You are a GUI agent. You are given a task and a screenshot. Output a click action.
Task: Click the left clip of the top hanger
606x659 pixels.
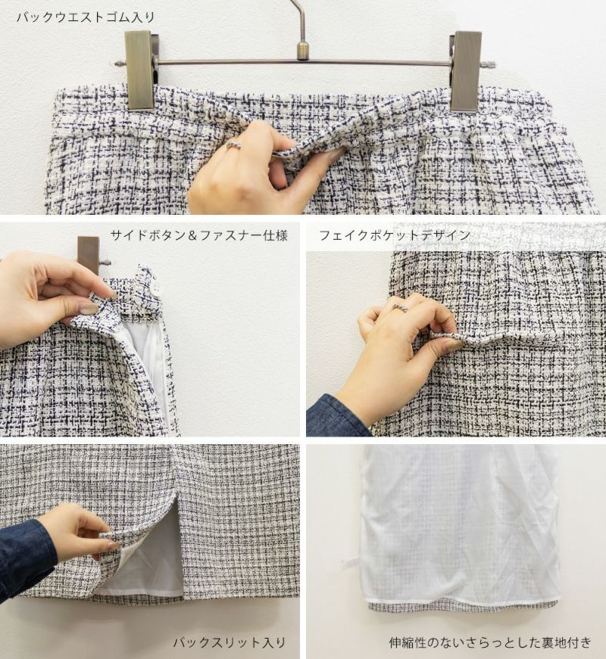pos(139,70)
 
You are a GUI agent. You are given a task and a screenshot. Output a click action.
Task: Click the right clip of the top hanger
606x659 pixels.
pos(465,71)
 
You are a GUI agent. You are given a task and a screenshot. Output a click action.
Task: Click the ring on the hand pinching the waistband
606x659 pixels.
pos(234,145)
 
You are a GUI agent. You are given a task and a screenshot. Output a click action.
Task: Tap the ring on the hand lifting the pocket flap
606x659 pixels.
pos(400,308)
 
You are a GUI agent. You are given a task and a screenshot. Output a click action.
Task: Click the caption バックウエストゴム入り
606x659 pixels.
pos(86,17)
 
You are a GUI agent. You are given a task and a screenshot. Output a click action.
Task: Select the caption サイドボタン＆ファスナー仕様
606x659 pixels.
pos(199,235)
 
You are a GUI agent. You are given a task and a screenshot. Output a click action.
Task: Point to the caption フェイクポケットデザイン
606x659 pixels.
pos(395,235)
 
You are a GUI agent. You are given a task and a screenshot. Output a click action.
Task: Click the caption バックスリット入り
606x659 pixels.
pos(230,642)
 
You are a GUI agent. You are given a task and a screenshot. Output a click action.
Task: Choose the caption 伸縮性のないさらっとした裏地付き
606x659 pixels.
pos(490,642)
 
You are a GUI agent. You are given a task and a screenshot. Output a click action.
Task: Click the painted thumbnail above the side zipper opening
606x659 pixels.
pos(89,309)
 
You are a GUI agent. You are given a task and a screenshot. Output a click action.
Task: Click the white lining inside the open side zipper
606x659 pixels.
pos(145,357)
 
